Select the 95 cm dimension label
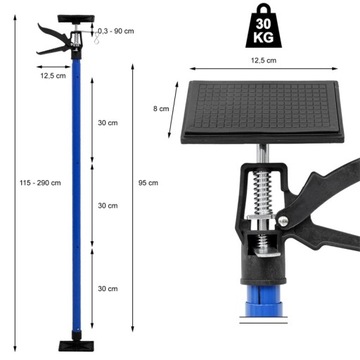(145, 182)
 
